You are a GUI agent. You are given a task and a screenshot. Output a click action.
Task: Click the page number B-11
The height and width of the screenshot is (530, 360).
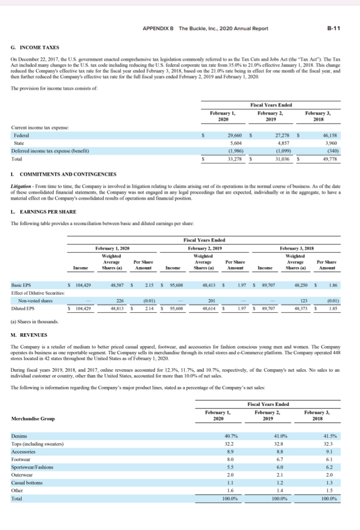(333, 28)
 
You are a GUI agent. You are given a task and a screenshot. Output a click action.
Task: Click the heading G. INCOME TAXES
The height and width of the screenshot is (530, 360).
(34, 48)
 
